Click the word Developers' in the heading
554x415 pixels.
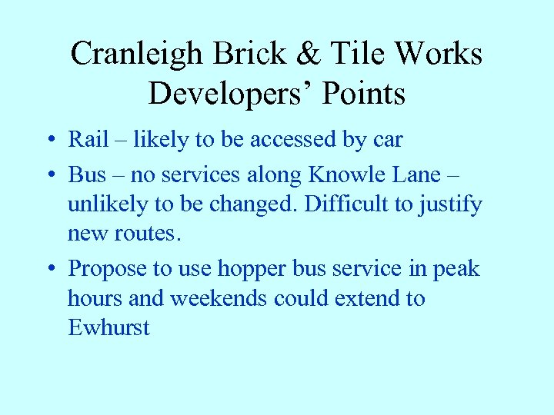(x=232, y=94)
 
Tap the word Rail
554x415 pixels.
(x=88, y=139)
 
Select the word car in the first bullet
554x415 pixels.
(x=388, y=140)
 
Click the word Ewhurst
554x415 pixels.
(x=108, y=327)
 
